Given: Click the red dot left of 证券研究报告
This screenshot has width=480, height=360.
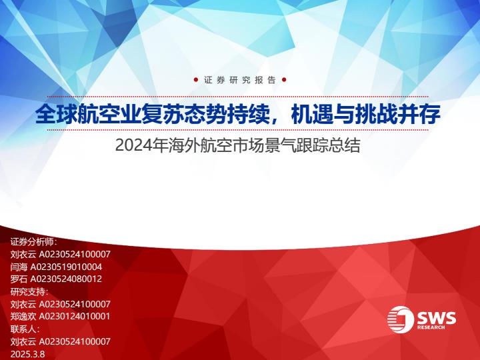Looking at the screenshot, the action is click(x=196, y=80).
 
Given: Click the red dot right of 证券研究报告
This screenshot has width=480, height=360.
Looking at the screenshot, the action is click(x=284, y=80).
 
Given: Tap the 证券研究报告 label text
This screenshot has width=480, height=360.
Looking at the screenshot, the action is click(x=240, y=80).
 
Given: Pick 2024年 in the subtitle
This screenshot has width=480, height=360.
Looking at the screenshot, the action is click(x=141, y=146).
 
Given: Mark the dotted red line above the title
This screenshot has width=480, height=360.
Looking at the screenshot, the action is click(x=237, y=97).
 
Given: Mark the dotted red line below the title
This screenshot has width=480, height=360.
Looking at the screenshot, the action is click(x=237, y=130).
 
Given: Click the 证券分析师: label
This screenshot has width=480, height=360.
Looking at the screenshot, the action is click(x=34, y=242).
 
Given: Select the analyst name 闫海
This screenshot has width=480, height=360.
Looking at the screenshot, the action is click(x=19, y=267).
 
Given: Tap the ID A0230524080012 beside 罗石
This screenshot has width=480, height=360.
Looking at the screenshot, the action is click(x=66, y=279).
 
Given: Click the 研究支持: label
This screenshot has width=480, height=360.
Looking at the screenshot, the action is click(x=29, y=292).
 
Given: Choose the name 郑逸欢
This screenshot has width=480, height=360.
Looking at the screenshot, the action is click(x=23, y=317).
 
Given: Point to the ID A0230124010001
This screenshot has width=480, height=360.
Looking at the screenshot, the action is click(x=75, y=317).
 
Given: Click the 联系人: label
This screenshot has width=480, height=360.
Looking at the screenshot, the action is click(x=25, y=329).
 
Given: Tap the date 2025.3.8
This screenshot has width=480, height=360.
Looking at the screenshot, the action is click(x=27, y=354).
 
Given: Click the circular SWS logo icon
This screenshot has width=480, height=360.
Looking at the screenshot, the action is click(x=401, y=319).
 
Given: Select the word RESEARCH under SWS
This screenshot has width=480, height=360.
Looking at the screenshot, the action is click(x=431, y=327).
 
